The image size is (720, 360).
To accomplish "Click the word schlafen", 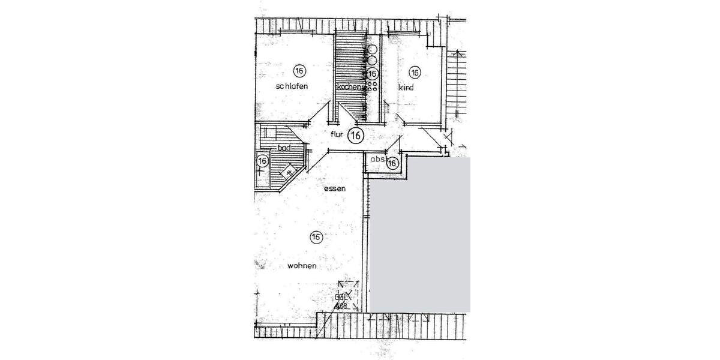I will (x=292, y=86).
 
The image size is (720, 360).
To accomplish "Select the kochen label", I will (x=350, y=87).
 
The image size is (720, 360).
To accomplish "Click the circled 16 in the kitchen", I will (x=373, y=73).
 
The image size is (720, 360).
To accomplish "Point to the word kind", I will (x=406, y=88).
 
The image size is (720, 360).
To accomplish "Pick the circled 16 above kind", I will (x=415, y=73).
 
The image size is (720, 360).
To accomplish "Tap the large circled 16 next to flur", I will (x=355, y=136).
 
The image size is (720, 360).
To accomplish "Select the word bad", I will (x=283, y=148).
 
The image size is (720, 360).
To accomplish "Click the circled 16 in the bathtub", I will (x=262, y=161).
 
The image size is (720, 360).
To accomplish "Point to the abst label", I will (x=377, y=160).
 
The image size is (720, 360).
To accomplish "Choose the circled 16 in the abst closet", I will (x=393, y=163).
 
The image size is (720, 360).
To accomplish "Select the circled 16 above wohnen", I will (x=316, y=237).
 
